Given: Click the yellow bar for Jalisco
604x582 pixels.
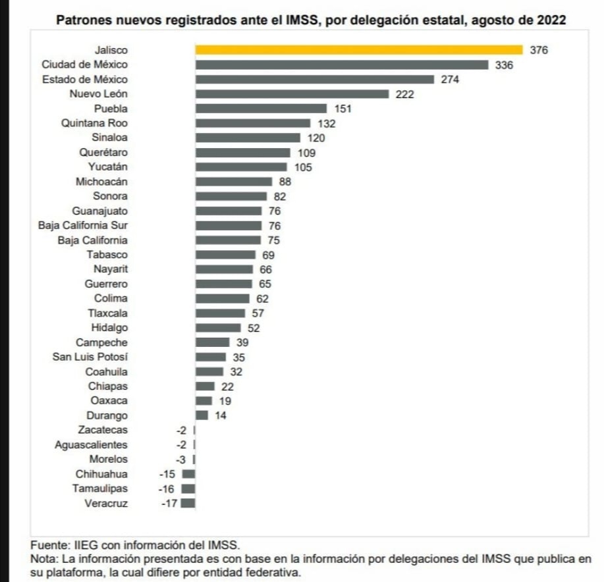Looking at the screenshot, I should (358, 49).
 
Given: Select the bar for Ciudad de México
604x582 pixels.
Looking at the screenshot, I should (341, 65).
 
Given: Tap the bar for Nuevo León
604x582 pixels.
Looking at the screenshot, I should (292, 93).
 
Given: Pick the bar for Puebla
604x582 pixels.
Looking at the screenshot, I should (261, 109).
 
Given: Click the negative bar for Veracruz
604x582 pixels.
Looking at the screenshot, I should (188, 504).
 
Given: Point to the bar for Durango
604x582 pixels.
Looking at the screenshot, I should (202, 415).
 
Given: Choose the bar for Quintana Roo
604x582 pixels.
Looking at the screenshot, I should (252, 123).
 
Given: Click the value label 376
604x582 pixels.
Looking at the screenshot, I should (539, 50).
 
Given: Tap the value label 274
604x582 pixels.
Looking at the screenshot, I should (450, 79).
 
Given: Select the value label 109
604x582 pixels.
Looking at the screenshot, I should (306, 153).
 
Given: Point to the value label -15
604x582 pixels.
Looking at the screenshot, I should (168, 474).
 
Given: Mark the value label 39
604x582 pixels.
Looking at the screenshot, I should (242, 342).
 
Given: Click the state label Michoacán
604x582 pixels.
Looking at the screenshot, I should (101, 182).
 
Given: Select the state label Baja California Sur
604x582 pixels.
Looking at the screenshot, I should (83, 226).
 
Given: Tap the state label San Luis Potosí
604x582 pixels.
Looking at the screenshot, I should (90, 357).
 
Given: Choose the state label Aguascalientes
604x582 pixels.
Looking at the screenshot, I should (91, 445).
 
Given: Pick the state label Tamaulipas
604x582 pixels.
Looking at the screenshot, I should (101, 489).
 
